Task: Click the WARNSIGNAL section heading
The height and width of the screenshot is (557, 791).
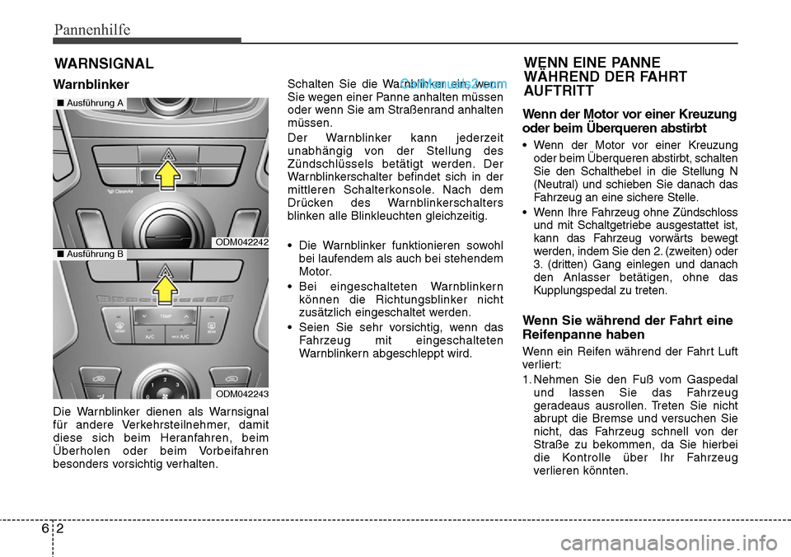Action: click(x=104, y=63)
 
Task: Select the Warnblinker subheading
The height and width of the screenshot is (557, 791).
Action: click(x=91, y=85)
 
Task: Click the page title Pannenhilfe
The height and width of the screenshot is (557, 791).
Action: click(x=91, y=30)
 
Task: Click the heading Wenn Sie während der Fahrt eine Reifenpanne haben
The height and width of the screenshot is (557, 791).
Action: click(x=628, y=327)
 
